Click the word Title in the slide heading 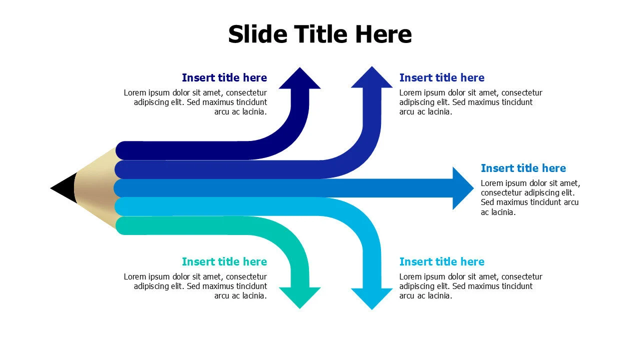tap(322, 34)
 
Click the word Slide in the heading tap(257, 34)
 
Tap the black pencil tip tap(64, 188)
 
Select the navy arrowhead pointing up tap(299, 78)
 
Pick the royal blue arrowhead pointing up tap(371, 77)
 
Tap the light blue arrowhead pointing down tap(371, 299)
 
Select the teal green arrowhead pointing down tap(299, 298)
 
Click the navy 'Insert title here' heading tap(224, 77)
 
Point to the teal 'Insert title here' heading tap(224, 261)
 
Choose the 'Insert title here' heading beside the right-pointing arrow tap(523, 168)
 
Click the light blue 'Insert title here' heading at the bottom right tap(442, 261)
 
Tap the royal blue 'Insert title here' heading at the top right tap(442, 77)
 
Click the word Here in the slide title tap(383, 34)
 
